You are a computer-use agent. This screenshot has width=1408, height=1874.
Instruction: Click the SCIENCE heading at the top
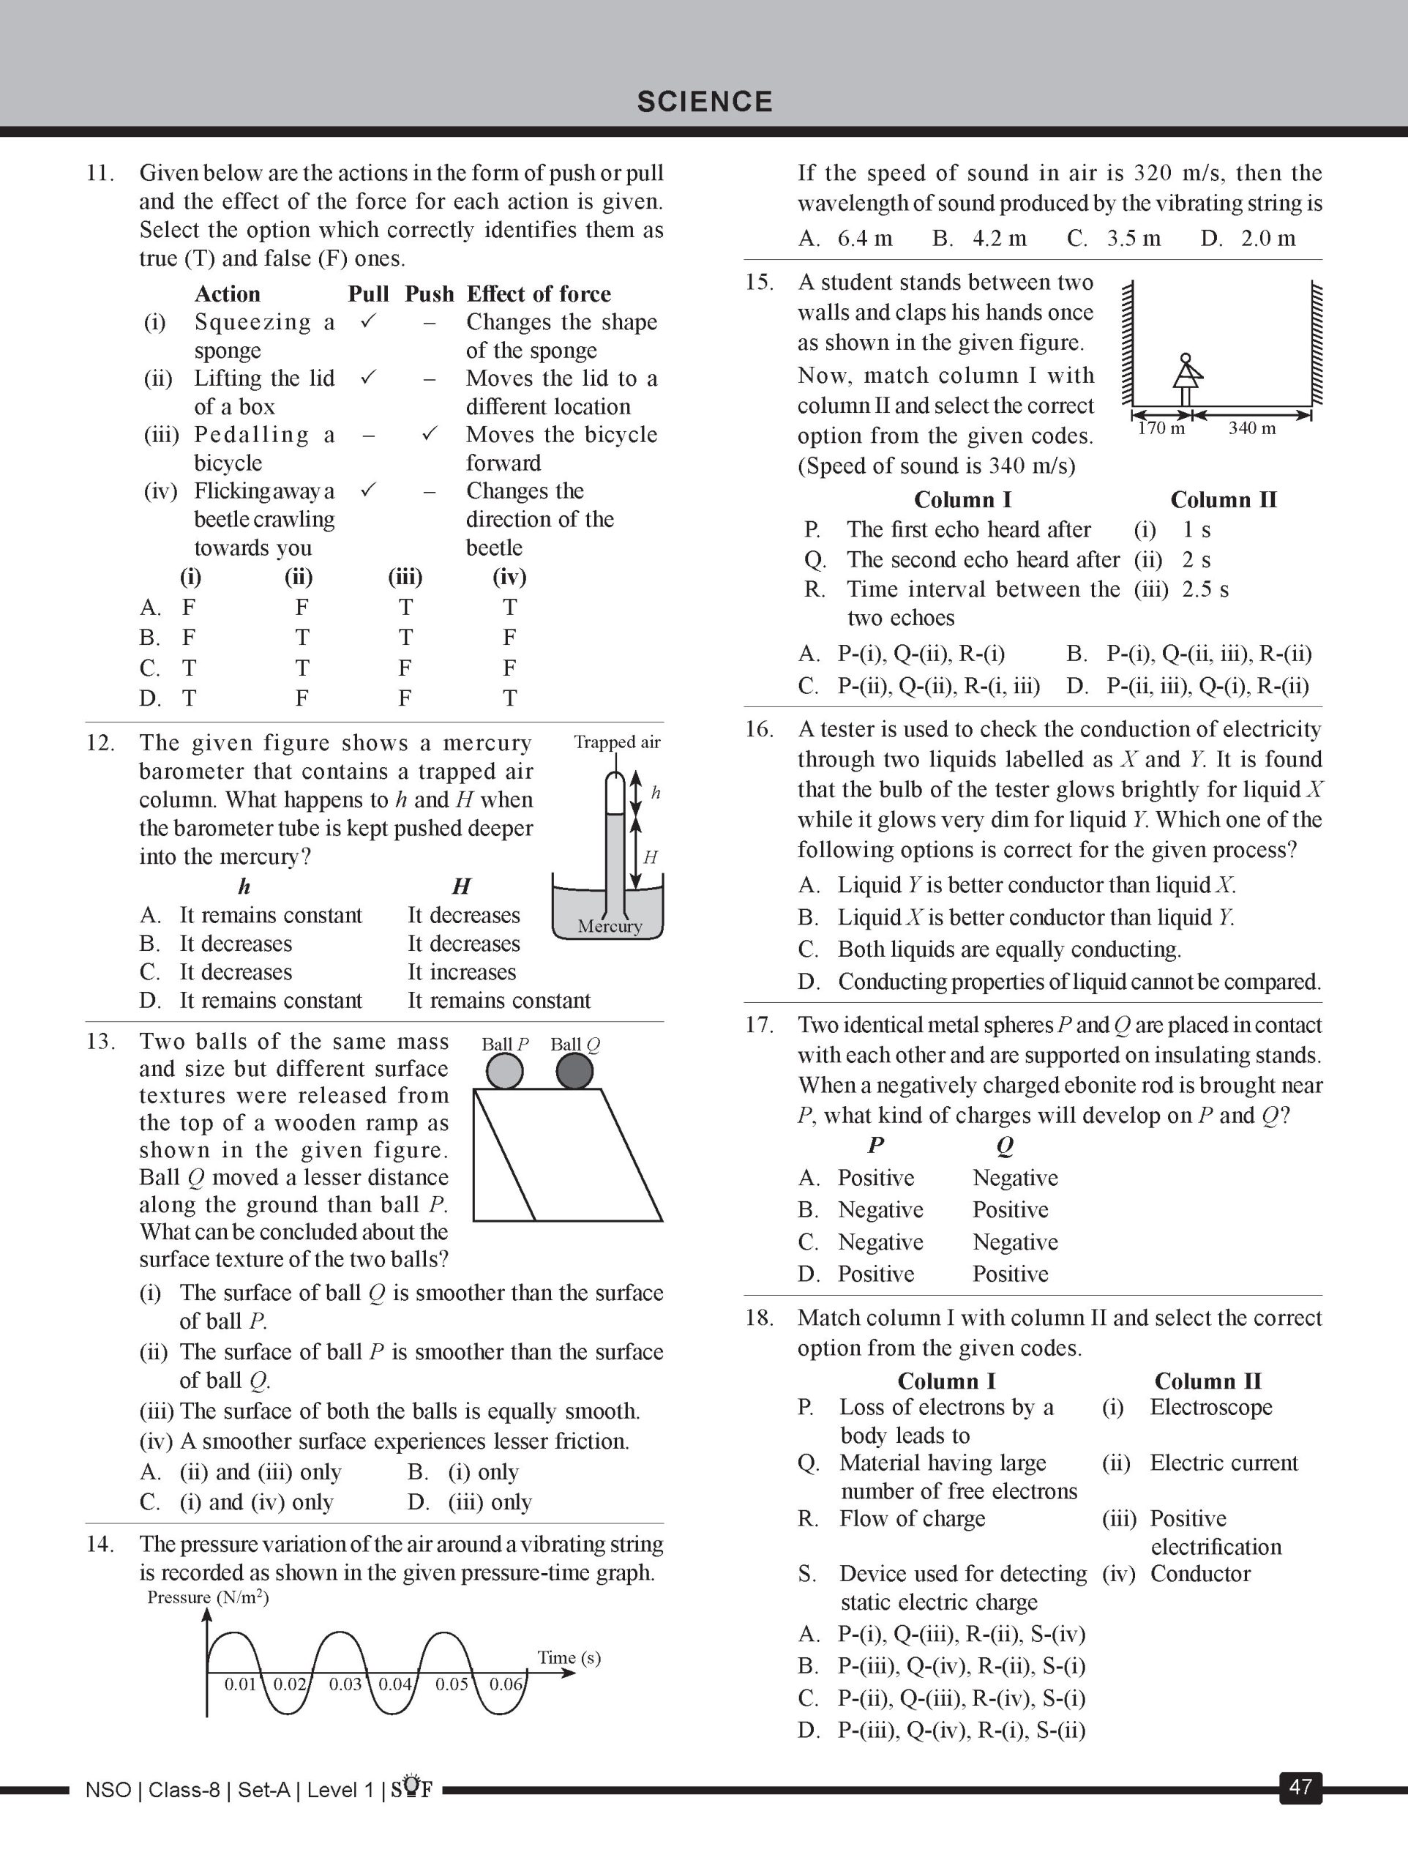705,102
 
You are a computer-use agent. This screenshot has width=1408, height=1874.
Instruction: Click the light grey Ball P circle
505,1072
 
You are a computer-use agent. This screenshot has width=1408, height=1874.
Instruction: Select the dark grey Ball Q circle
575,1072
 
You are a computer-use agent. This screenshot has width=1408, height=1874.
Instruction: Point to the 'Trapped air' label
617,742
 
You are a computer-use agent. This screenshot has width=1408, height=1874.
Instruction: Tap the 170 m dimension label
1161,429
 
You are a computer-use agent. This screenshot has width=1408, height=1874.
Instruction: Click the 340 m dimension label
1252,429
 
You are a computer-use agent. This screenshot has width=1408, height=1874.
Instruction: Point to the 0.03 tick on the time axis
345,1684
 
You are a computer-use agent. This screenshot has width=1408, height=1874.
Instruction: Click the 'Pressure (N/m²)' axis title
208,1598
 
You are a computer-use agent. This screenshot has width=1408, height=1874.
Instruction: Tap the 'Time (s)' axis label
569,1658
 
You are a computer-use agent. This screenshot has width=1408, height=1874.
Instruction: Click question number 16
759,729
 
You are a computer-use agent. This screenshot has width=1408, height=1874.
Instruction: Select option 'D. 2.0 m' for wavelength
1248,238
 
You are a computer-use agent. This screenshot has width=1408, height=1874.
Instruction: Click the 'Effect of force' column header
538,294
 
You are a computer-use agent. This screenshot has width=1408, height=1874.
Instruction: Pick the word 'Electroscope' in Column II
1210,1407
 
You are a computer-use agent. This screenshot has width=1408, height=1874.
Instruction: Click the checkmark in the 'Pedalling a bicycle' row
430,434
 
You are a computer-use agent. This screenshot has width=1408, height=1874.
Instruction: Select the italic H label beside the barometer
650,857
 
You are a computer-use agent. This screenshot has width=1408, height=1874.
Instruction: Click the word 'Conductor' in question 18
1199,1574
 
